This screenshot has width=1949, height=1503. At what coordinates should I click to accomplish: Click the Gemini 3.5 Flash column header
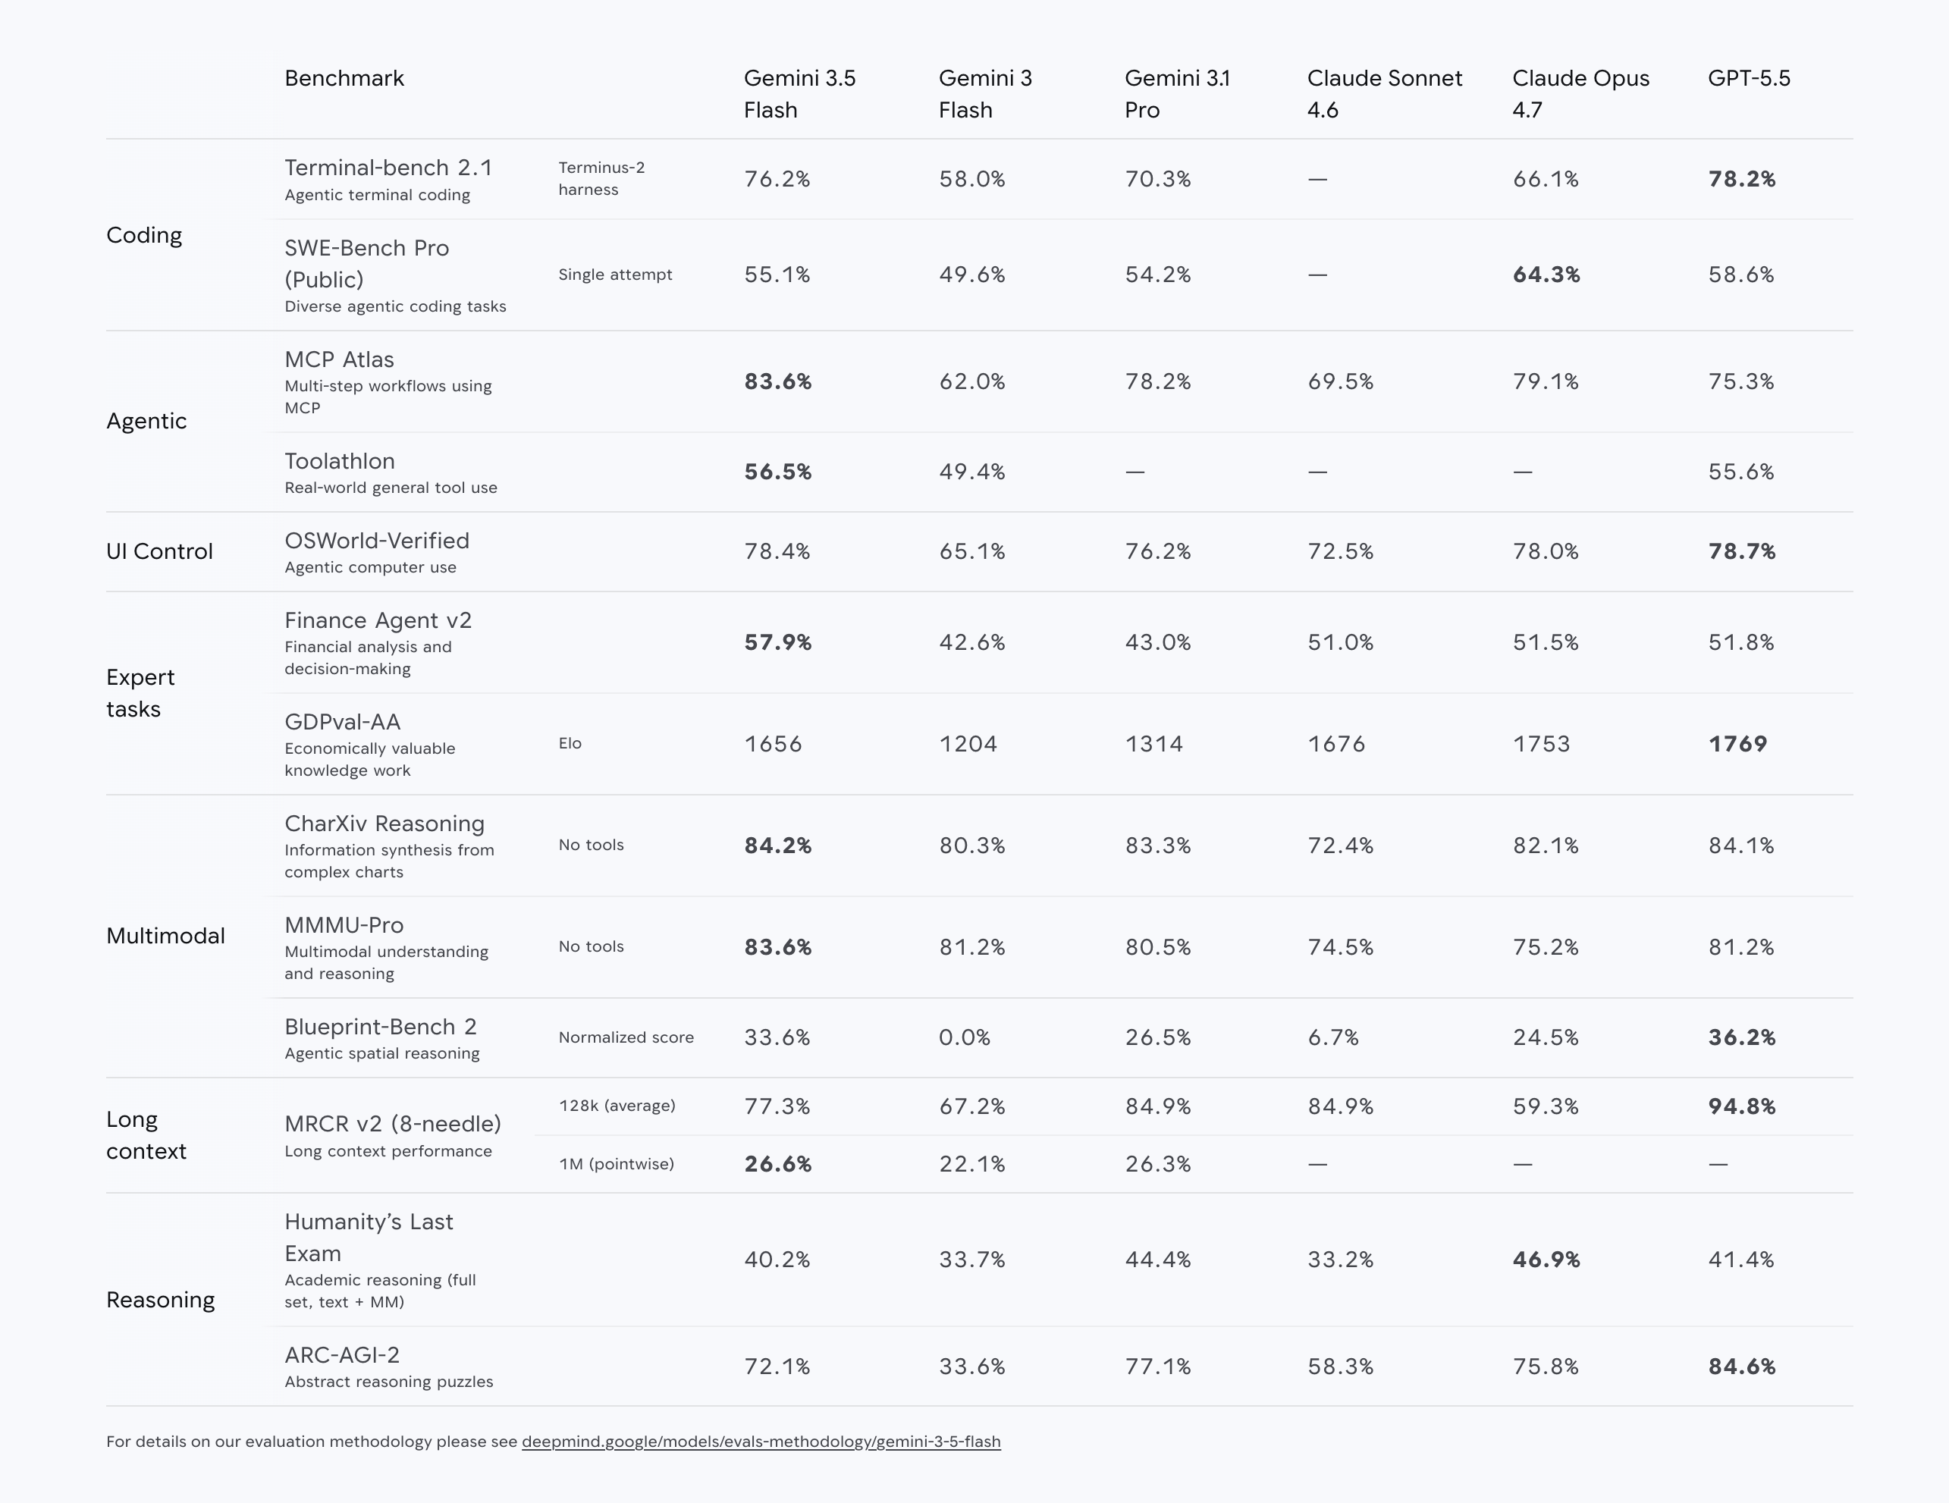pyautogui.click(x=799, y=94)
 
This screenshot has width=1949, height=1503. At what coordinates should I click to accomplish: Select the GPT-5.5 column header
pyautogui.click(x=1749, y=79)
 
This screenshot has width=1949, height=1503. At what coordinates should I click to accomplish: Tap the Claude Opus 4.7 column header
pyautogui.click(x=1580, y=94)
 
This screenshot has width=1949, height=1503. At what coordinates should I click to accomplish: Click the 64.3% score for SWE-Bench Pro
pyautogui.click(x=1546, y=275)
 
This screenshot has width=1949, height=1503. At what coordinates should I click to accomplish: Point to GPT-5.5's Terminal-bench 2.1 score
pyautogui.click(x=1742, y=180)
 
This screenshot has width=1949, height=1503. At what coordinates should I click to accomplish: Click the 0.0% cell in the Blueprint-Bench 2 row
pyautogui.click(x=965, y=1038)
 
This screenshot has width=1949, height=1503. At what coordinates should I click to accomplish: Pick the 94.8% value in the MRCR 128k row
pyautogui.click(x=1742, y=1106)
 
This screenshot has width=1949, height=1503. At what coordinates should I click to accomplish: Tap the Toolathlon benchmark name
pyautogui.click(x=340, y=461)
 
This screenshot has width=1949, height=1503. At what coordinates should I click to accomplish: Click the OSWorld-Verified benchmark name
pyautogui.click(x=377, y=541)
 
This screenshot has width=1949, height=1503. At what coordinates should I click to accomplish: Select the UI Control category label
pyautogui.click(x=160, y=551)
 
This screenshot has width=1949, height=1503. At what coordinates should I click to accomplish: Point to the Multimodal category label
pyautogui.click(x=166, y=937)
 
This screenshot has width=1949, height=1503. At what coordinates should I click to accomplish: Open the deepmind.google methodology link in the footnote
pyautogui.click(x=761, y=1442)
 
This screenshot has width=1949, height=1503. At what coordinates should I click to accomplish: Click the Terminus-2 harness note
pyautogui.click(x=601, y=178)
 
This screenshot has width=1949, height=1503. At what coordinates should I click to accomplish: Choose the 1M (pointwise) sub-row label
pyautogui.click(x=617, y=1164)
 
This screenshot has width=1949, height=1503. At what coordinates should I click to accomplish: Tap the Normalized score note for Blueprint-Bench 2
pyautogui.click(x=626, y=1037)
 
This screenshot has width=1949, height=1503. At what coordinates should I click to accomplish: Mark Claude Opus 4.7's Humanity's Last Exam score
pyautogui.click(x=1546, y=1260)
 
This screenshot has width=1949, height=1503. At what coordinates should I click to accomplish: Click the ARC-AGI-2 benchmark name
pyautogui.click(x=342, y=1355)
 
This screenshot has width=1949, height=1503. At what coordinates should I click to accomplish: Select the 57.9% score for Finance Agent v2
pyautogui.click(x=778, y=642)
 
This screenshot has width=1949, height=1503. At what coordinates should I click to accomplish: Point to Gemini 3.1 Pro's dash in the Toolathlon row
pyautogui.click(x=1135, y=472)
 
